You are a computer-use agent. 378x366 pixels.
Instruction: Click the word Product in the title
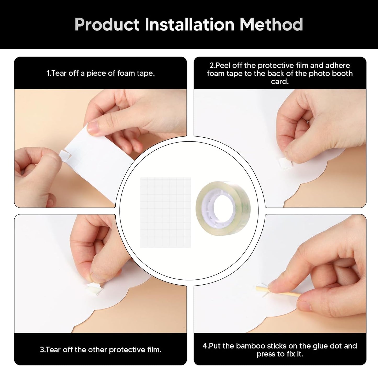107,25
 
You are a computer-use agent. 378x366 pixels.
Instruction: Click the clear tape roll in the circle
223,208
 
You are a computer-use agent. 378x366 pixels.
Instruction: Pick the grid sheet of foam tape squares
166,212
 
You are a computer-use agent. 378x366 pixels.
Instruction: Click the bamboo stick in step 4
278,292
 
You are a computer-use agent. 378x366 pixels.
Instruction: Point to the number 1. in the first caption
49,74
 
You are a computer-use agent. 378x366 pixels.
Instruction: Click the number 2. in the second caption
212,66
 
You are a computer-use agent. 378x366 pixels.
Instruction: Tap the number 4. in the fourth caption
206,346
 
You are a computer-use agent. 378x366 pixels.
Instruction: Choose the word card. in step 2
280,82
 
